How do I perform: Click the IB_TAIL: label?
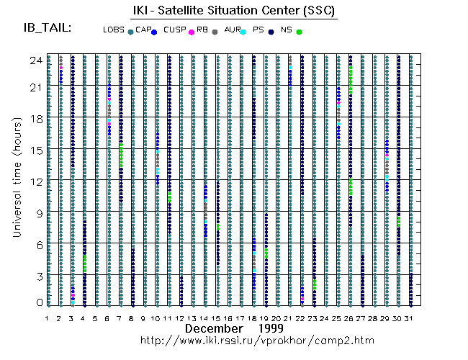(x=48, y=27)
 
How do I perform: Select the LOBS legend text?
(x=114, y=30)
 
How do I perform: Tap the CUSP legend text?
(x=174, y=30)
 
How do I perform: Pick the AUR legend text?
(x=233, y=30)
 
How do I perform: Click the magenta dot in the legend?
(x=191, y=32)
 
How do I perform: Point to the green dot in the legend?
(x=299, y=32)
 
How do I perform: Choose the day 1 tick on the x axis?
(x=48, y=318)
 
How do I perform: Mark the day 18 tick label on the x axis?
(x=253, y=318)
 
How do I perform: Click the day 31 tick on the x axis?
(x=410, y=318)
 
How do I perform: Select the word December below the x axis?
(x=213, y=328)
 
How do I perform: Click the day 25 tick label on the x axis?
(x=337, y=318)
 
